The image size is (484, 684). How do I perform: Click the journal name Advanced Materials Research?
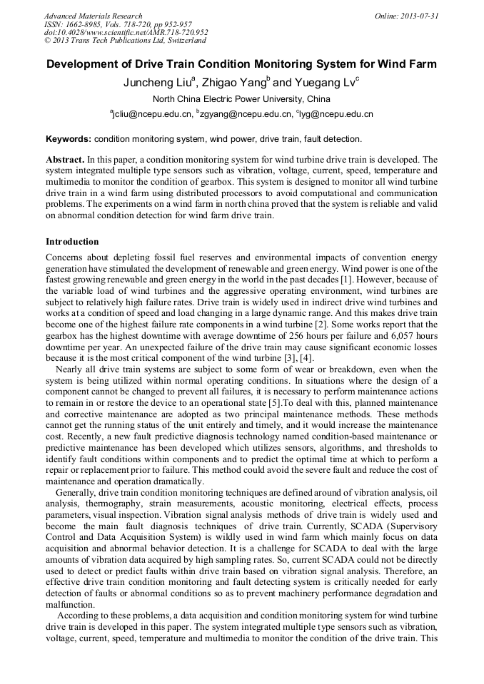pos(93,16)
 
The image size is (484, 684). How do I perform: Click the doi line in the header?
pos(126,33)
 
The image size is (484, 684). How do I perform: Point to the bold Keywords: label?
pos(69,139)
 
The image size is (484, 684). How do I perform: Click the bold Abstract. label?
pos(65,160)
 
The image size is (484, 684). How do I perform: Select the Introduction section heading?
pos(72,242)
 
